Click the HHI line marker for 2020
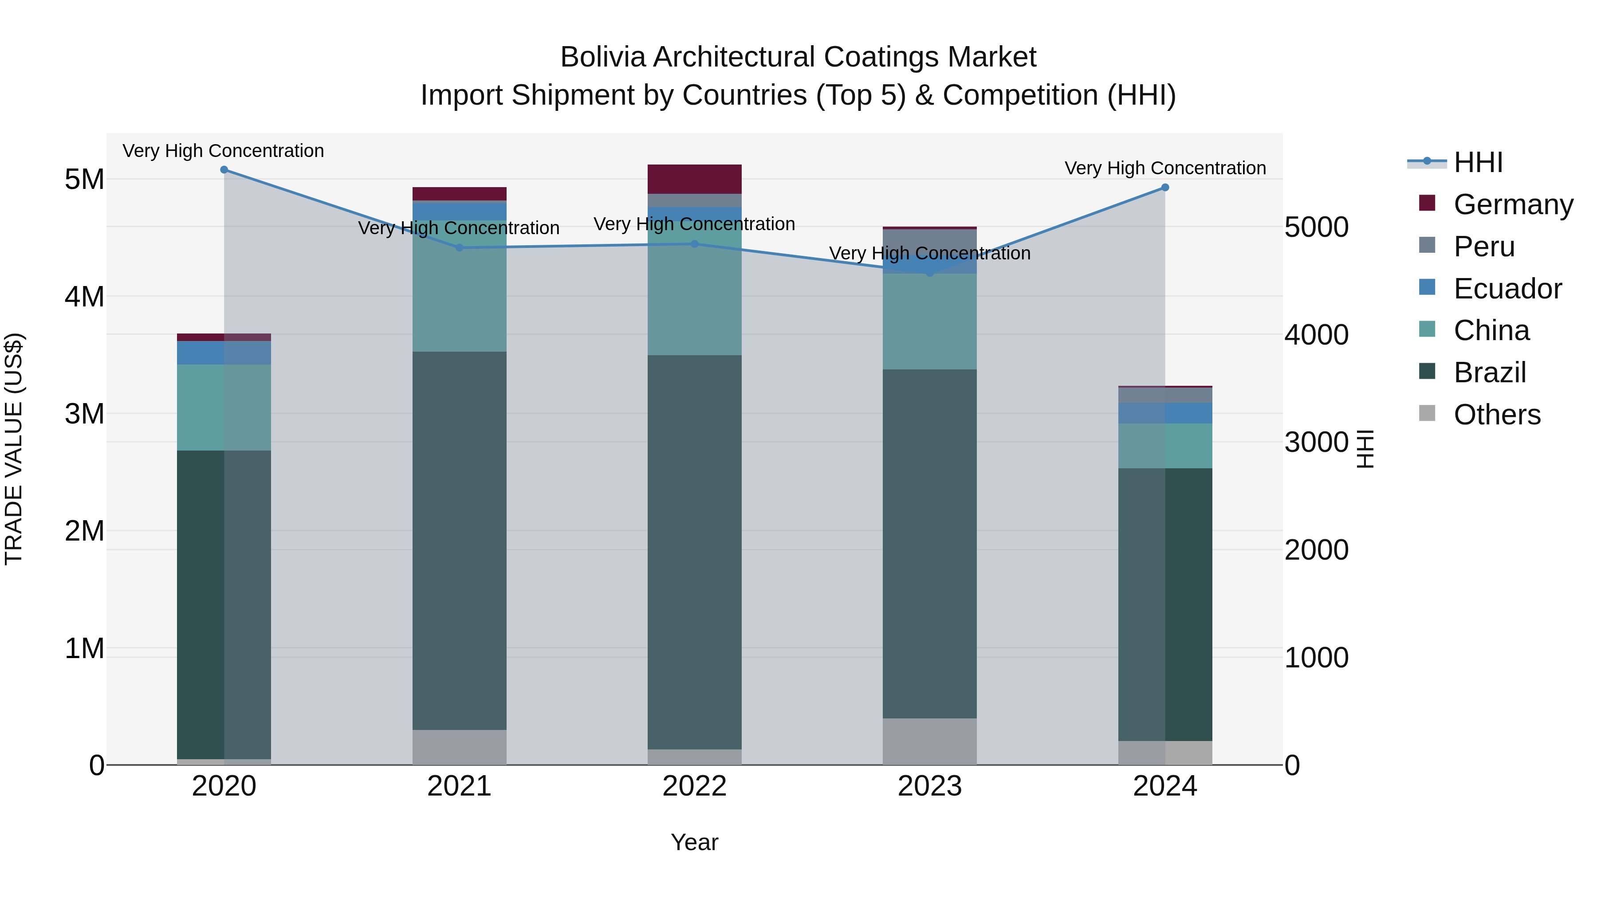pyautogui.click(x=224, y=170)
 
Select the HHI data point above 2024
pyautogui.click(x=1165, y=187)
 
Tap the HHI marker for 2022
pyautogui.click(x=694, y=243)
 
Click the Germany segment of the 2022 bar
pyautogui.click(x=694, y=179)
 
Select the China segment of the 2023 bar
pyautogui.click(x=929, y=322)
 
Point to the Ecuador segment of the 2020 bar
pyautogui.click(x=224, y=353)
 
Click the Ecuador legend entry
pyautogui.click(x=1507, y=289)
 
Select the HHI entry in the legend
pyautogui.click(x=1478, y=162)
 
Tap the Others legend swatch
pyautogui.click(x=1427, y=413)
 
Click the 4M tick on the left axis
pyautogui.click(x=84, y=297)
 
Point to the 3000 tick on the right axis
pyautogui.click(x=1316, y=443)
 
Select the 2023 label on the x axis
pyautogui.click(x=929, y=786)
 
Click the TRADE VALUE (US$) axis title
pyautogui.click(x=14, y=449)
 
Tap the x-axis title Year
pyautogui.click(x=694, y=842)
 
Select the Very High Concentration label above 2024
pyautogui.click(x=1165, y=168)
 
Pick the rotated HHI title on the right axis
pyautogui.click(x=1366, y=449)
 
